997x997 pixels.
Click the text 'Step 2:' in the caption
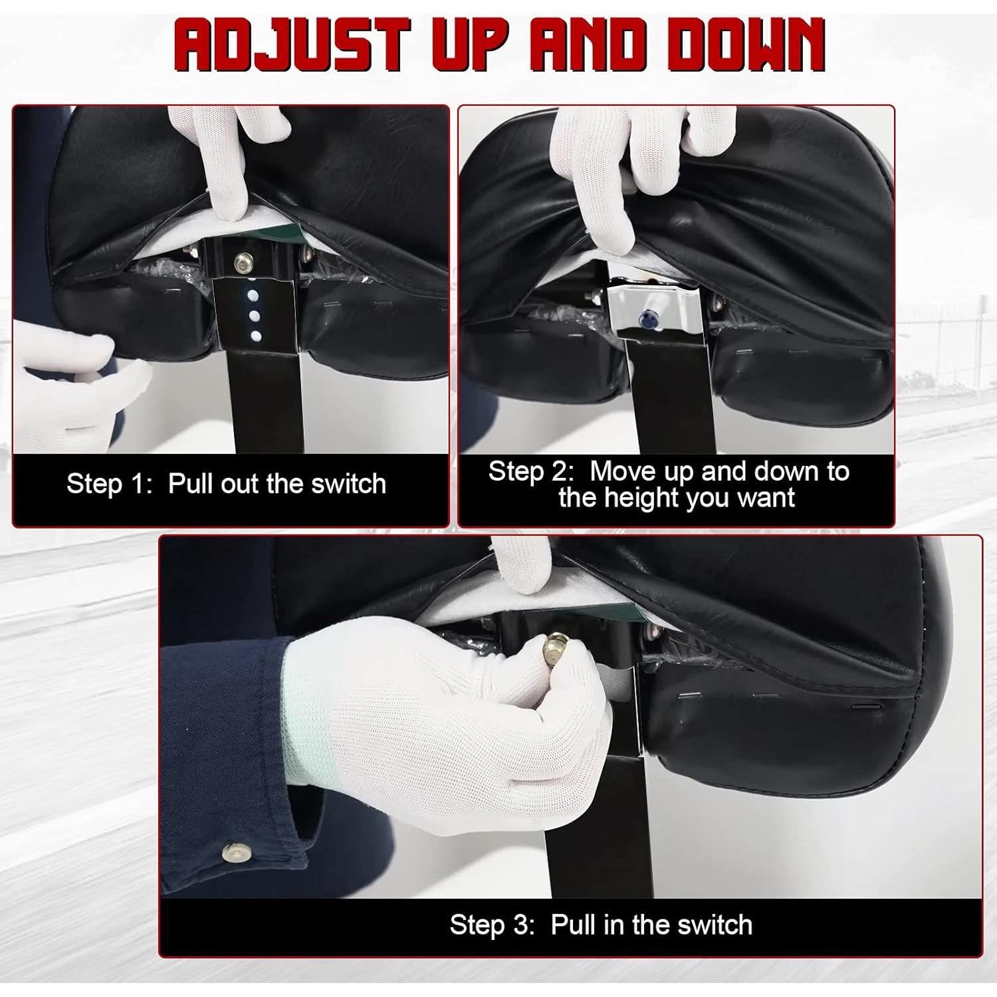[x=530, y=471]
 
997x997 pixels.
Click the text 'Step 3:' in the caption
[x=492, y=925]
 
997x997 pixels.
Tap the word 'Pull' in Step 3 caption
[x=574, y=925]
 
